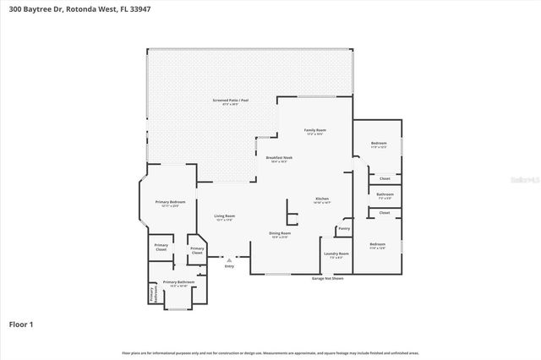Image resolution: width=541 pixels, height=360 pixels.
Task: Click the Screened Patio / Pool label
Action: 231,101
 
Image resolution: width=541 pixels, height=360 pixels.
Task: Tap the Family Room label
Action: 315,130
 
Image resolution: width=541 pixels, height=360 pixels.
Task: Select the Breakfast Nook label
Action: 279,158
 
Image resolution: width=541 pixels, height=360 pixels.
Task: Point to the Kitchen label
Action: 322,199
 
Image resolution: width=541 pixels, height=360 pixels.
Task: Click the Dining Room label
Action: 279,234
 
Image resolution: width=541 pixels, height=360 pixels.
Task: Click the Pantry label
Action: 343,228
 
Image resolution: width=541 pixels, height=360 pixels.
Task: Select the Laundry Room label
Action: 336,254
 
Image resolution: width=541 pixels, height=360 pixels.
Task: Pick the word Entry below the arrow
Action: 229,266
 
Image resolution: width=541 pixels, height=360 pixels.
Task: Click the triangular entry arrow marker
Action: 229,259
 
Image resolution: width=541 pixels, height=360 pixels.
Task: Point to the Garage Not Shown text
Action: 326,277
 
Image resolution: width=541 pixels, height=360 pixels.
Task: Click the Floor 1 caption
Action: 22,323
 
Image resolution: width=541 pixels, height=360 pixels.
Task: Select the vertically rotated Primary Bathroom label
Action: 153,295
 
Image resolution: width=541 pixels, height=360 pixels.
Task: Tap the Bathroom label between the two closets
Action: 385,195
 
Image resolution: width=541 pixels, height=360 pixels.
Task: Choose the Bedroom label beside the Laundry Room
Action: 377,245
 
